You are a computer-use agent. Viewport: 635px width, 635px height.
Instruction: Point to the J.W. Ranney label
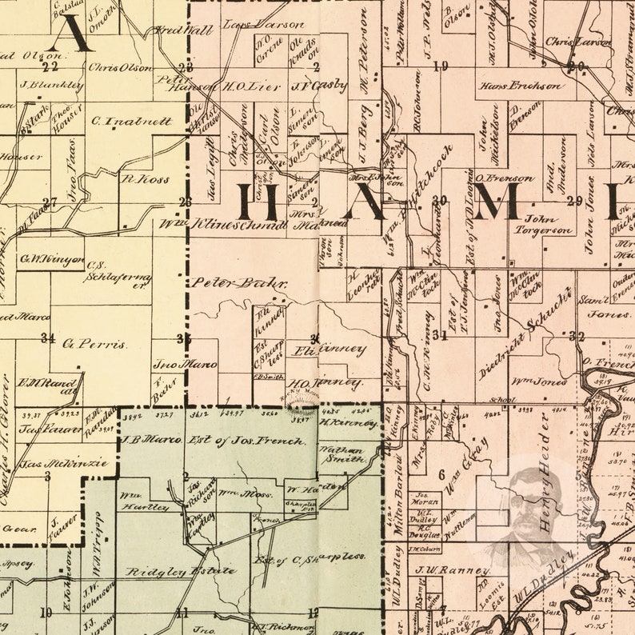coord(452,570)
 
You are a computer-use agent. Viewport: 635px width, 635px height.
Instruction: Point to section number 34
coord(48,337)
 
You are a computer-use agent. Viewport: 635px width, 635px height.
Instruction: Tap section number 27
coord(50,202)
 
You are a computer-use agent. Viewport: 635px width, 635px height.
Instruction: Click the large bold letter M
coord(497,201)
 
